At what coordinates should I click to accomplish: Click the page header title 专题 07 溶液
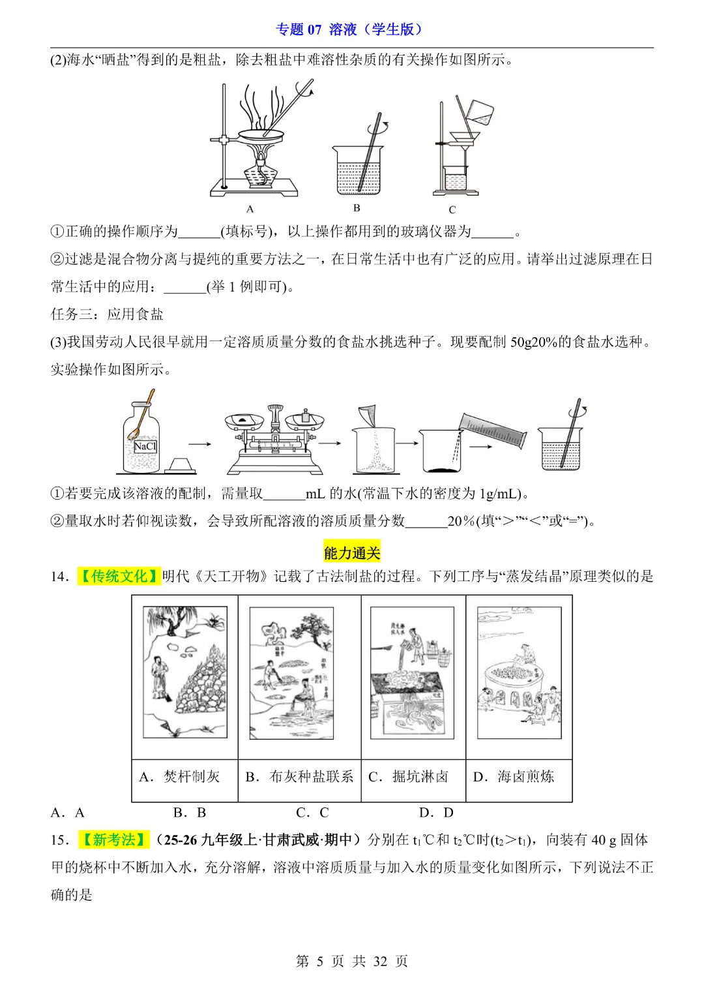(x=351, y=29)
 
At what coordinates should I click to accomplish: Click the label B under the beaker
(x=357, y=208)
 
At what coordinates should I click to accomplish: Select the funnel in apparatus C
(x=465, y=140)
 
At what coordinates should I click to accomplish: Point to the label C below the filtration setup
(x=452, y=210)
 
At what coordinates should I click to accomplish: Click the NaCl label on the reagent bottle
(x=145, y=447)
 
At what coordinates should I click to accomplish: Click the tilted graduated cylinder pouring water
(x=492, y=428)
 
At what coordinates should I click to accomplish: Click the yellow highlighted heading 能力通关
(x=352, y=553)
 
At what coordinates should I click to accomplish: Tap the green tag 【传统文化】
(x=119, y=577)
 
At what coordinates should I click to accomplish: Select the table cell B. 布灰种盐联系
(x=299, y=777)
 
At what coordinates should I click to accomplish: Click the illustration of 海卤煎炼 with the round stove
(x=519, y=672)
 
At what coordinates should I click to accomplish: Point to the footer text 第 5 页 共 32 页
(x=352, y=961)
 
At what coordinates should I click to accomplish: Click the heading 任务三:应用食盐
(x=108, y=314)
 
